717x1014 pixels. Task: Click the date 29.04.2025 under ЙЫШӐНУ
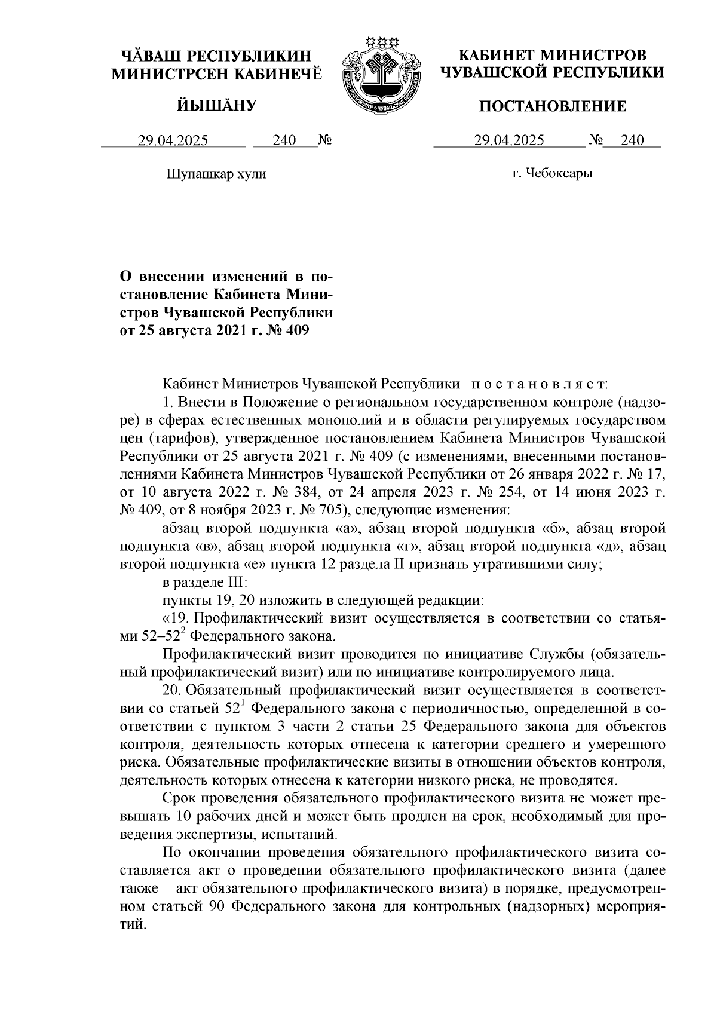[x=173, y=141]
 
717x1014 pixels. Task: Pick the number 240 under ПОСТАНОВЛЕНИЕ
[x=632, y=141]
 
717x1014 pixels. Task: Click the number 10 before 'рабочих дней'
[x=185, y=816]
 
